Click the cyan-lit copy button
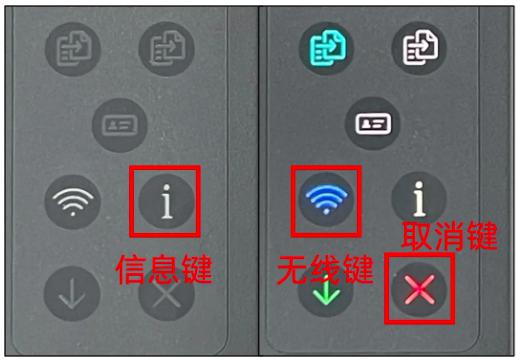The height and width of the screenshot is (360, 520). coord(327,49)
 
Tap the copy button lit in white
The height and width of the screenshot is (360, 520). coord(420,48)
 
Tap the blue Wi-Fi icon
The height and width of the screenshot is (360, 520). coord(327,198)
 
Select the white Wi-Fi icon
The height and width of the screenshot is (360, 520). coord(73,201)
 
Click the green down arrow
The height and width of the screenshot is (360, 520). coord(327,293)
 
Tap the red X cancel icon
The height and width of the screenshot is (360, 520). coord(419,289)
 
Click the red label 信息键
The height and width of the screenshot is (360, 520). coord(164,269)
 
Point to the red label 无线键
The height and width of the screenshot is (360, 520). coord(325,269)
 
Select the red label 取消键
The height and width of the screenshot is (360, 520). coord(449,236)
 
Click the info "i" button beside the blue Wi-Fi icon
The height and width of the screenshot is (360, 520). coord(419,199)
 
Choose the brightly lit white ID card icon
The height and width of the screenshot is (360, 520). coord(373,124)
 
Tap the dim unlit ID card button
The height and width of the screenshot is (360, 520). coord(120,125)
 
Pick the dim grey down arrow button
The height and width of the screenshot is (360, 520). coord(72,294)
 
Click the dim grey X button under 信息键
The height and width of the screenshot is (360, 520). coord(167,295)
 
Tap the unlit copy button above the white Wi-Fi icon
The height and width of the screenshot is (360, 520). coord(73,49)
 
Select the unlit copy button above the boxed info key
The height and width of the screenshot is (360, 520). coord(167,49)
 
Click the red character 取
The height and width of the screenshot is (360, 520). coord(417,236)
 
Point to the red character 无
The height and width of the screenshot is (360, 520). coord(293,269)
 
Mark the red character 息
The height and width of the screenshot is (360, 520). coord(164,269)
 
